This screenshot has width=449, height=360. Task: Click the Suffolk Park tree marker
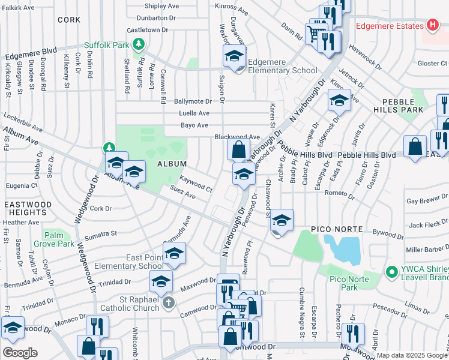pyautogui.click(x=139, y=44)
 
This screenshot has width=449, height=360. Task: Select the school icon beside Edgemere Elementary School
pyautogui.click(x=234, y=58)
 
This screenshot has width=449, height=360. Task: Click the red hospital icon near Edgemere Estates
pyautogui.click(x=432, y=25)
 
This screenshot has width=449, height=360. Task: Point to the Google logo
pyautogui.click(x=20, y=353)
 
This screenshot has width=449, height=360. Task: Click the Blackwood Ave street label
pyautogui.click(x=237, y=137)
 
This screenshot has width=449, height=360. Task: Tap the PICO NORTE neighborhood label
pyautogui.click(x=336, y=229)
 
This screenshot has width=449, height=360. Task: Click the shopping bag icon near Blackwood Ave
pyautogui.click(x=239, y=148)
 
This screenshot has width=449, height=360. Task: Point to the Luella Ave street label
pyautogui.click(x=194, y=113)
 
